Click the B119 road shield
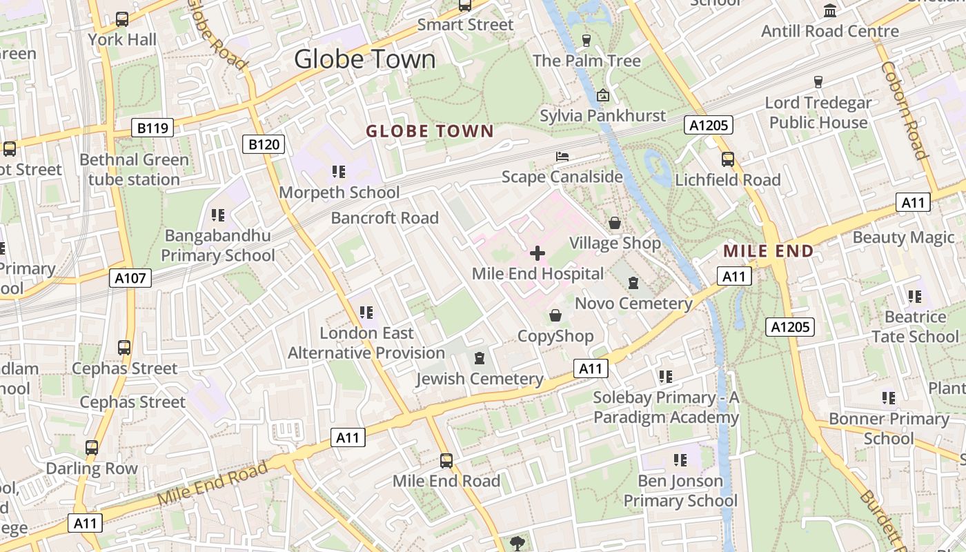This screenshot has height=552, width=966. [152, 128]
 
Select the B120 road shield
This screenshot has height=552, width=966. [264, 144]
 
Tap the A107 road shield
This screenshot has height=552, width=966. [130, 278]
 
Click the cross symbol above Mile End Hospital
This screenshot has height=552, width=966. [538, 253]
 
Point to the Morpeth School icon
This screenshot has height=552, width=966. [338, 171]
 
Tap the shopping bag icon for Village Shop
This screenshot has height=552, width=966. [614, 223]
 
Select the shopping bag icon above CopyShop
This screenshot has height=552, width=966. [555, 315]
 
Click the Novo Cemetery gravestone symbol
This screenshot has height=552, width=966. [633, 282]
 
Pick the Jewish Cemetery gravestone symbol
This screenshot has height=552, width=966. [480, 357]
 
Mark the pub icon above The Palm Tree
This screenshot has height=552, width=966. [586, 40]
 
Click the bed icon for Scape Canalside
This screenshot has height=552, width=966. [562, 157]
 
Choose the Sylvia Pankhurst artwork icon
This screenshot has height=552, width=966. [603, 95]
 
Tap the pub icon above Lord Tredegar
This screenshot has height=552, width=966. [818, 82]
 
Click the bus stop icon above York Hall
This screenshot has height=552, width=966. [122, 19]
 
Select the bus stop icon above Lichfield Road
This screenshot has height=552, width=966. [728, 159]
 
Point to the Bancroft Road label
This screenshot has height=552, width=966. [384, 218]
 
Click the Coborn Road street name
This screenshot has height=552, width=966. [903, 110]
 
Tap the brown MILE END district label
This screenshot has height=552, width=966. [768, 251]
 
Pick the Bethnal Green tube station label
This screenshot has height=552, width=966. [134, 170]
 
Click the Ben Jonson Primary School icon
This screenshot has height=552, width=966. [680, 460]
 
